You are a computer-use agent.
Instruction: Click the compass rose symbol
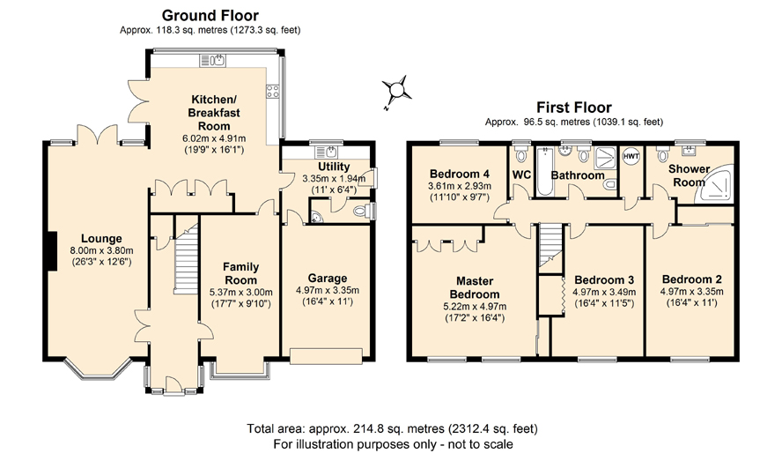click(397, 91)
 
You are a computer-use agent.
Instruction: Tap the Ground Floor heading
click(210, 16)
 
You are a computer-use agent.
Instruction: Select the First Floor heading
click(574, 108)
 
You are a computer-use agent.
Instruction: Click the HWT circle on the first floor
click(631, 156)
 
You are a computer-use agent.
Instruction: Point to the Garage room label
click(328, 279)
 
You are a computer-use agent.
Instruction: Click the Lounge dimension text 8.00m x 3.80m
click(101, 250)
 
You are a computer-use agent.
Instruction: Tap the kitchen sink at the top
click(212, 61)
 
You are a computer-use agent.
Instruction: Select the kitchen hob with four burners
click(272, 91)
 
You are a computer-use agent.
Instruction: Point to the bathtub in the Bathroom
click(544, 171)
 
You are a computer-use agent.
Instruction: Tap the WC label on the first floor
click(521, 175)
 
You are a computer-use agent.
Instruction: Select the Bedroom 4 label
click(460, 174)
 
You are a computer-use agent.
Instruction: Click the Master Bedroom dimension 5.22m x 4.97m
click(475, 307)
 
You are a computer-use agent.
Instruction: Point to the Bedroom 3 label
click(604, 279)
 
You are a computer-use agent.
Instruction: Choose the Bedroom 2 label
click(691, 279)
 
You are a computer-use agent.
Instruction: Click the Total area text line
click(392, 428)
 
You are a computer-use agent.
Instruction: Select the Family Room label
click(240, 273)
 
